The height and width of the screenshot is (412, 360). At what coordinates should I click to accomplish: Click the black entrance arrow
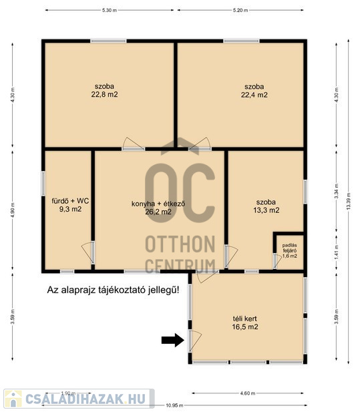tap(172, 341)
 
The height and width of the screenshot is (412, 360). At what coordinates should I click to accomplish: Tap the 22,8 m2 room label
tap(105, 90)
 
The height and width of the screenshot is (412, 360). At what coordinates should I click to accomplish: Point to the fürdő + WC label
tap(70, 205)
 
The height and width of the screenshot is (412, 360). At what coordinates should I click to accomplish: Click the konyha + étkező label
tap(158, 208)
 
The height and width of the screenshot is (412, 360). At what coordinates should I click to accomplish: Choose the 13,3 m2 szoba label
tap(266, 206)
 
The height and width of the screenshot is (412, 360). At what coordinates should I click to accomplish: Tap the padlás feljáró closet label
tap(290, 250)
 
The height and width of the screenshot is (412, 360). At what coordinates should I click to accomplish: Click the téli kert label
tap(245, 323)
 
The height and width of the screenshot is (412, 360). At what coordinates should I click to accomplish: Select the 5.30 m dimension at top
tap(110, 10)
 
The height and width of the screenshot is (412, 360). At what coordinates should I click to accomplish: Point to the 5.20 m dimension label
tap(240, 10)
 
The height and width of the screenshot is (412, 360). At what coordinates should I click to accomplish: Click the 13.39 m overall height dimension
tap(349, 201)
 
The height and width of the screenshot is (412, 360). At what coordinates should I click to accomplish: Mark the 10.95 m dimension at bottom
tap(174, 405)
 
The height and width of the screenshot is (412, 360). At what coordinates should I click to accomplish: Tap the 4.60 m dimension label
tap(248, 393)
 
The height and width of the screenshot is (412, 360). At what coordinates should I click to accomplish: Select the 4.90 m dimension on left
tap(13, 210)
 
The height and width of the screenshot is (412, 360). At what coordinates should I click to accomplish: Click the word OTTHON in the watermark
tap(180, 244)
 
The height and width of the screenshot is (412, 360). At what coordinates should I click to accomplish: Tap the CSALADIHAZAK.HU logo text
tap(85, 399)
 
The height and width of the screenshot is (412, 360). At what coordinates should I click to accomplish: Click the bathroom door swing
tap(87, 252)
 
